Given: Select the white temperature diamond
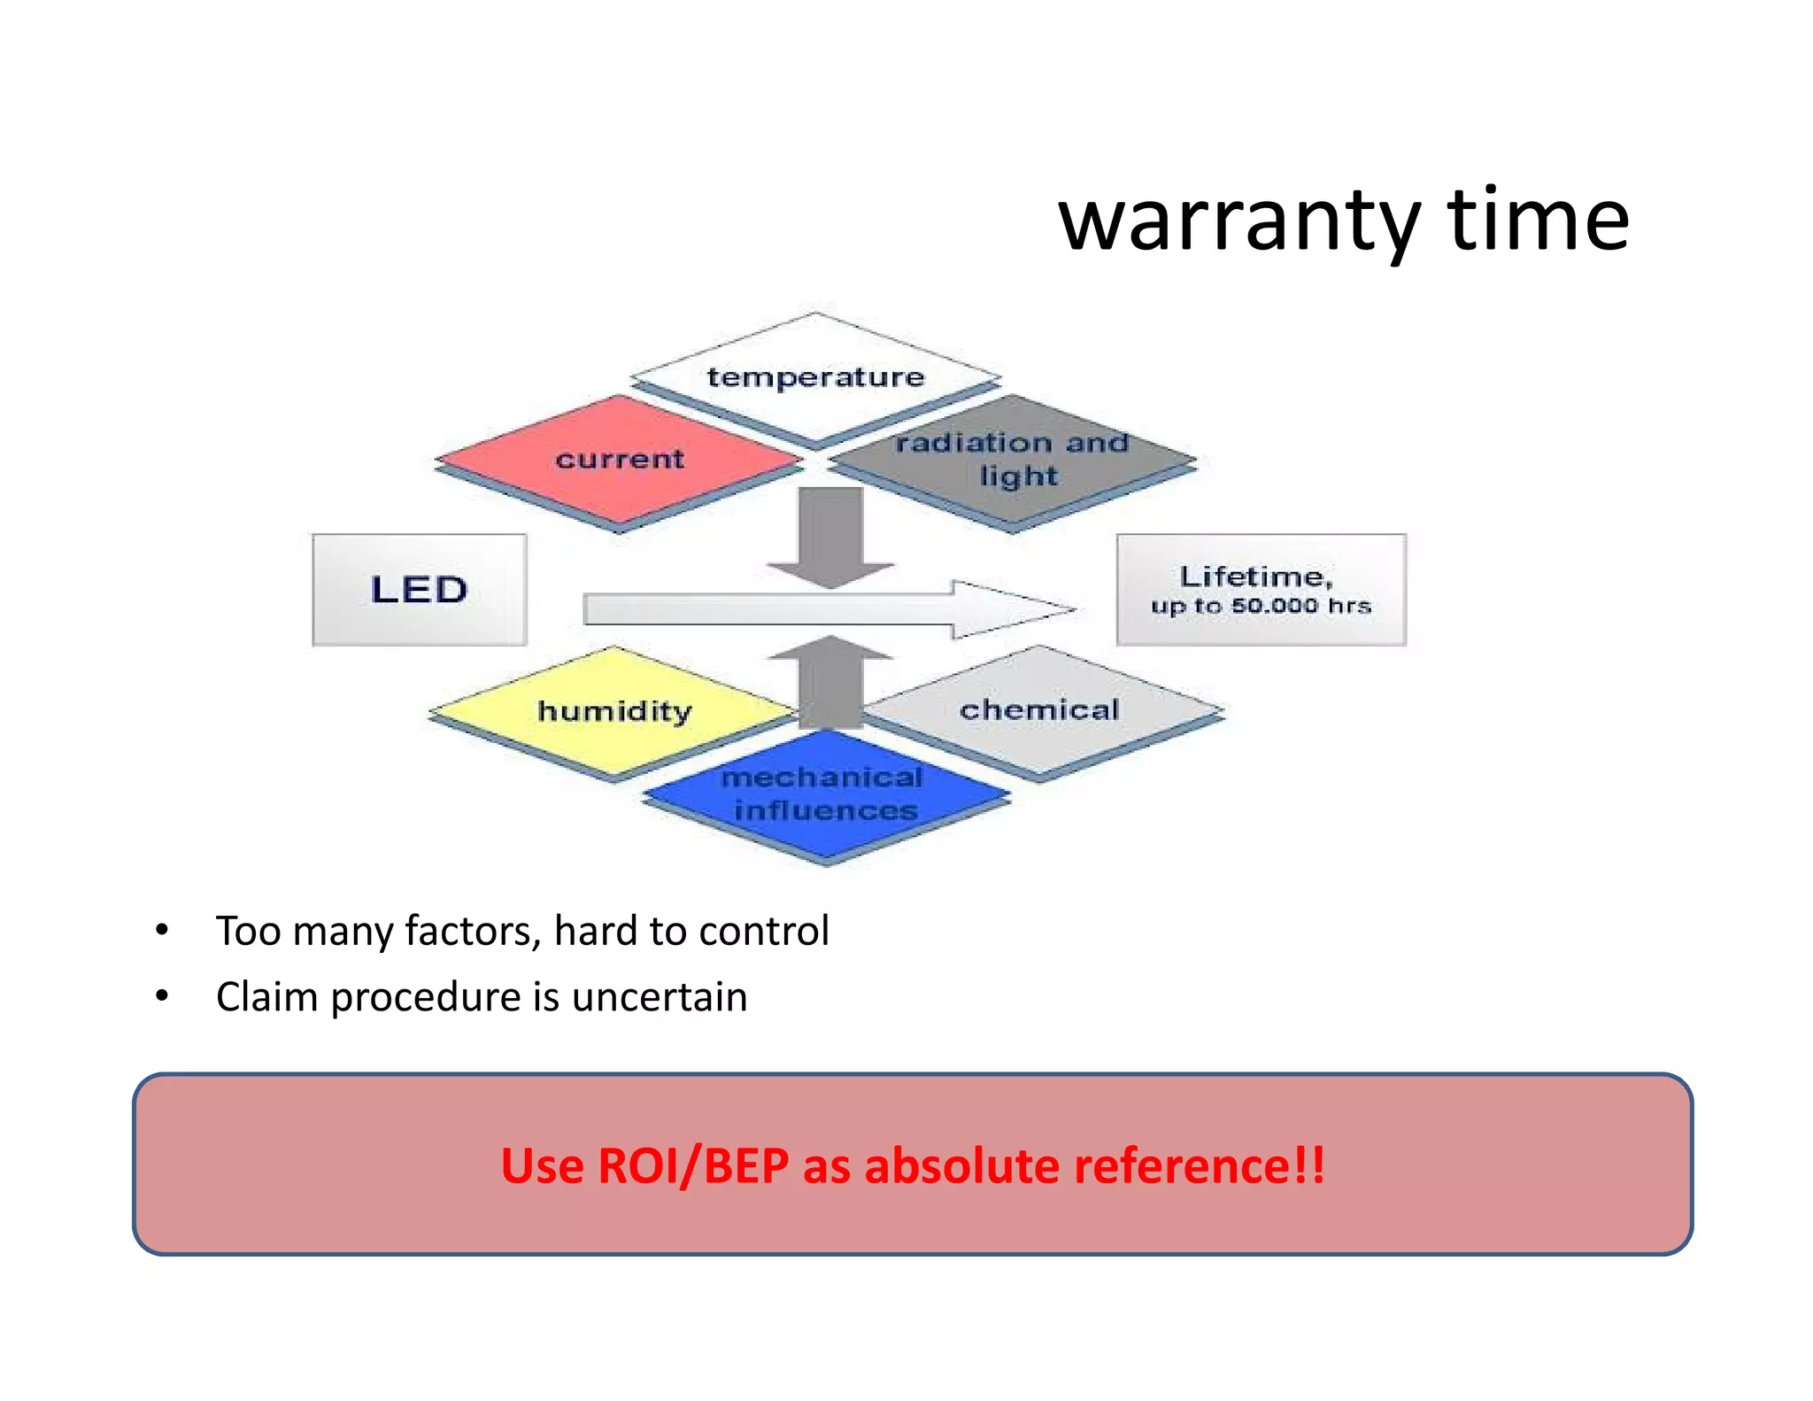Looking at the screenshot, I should (x=815, y=376).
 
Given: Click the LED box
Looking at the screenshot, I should (x=419, y=590).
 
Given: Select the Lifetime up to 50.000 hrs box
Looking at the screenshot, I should (x=1261, y=590).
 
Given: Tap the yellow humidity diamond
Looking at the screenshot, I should (x=613, y=711).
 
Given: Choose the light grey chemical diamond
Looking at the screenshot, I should (x=1040, y=709).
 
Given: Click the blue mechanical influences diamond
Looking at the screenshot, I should (x=825, y=793).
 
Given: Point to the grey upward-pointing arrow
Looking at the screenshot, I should (x=830, y=680).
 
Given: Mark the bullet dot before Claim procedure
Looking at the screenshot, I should (x=161, y=997).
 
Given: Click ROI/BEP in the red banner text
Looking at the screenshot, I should (x=692, y=1165).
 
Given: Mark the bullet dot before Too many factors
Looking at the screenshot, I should (x=161, y=931).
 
